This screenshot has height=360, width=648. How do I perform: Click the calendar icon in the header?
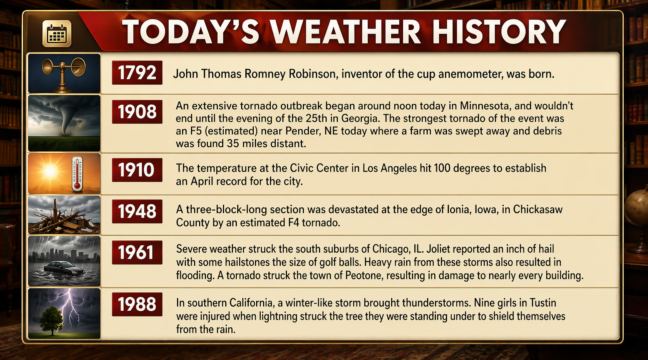click(57, 33)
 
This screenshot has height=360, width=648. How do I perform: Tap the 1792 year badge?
click(137, 73)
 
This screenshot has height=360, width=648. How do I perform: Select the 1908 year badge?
click(137, 112)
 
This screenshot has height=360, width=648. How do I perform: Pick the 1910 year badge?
click(137, 170)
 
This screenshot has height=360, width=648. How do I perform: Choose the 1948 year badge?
click(137, 211)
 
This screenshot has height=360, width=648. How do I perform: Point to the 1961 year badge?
click(137, 252)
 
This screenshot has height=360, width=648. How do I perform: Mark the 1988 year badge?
click(137, 304)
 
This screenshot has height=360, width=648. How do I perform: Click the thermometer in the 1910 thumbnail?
click(77, 174)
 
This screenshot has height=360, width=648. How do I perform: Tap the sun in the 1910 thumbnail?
click(50, 171)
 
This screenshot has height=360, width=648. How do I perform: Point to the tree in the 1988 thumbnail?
click(52, 320)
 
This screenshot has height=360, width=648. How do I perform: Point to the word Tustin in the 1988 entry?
click(543, 303)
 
